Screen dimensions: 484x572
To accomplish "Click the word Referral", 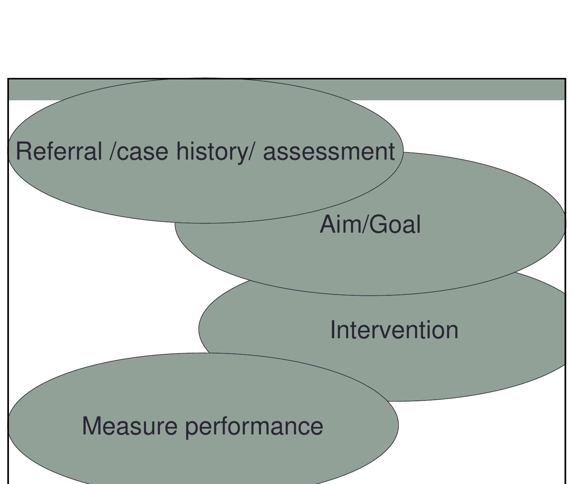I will (59, 151).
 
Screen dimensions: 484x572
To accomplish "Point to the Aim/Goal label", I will (370, 224).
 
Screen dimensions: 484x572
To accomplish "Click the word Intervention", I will (394, 330).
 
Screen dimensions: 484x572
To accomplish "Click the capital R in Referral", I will (23, 151).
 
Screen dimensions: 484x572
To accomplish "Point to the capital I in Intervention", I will (333, 330).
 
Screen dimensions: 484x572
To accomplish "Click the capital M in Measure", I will (92, 426).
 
